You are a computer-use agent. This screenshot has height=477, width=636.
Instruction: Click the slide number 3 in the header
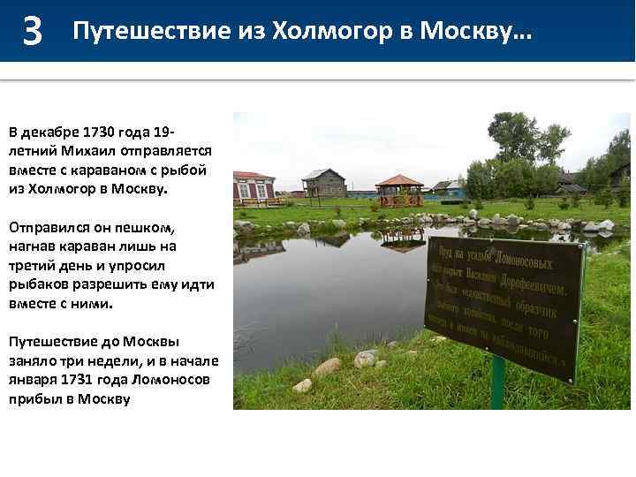pyautogui.click(x=33, y=32)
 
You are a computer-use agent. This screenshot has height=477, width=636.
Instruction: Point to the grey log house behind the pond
pyautogui.click(x=324, y=183)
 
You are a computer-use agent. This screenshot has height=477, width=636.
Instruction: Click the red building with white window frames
pyautogui.click(x=254, y=187)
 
